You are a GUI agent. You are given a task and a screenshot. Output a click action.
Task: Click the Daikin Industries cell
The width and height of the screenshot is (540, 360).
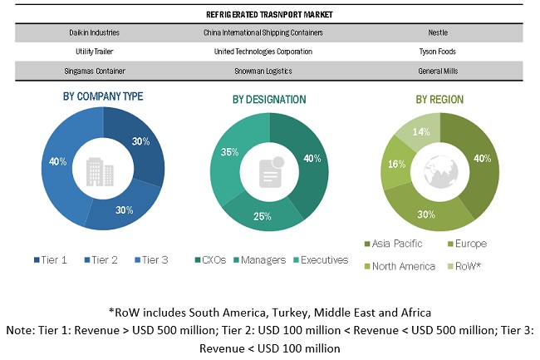pyautogui.click(x=93, y=33)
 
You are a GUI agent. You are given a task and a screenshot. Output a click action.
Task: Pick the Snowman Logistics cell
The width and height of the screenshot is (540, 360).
pyautogui.click(x=263, y=71)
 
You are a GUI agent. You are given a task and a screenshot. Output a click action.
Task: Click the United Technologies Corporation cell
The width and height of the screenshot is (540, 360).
pyautogui.click(x=263, y=52)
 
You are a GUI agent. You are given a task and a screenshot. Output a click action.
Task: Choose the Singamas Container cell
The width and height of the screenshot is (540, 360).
pyautogui.click(x=93, y=71)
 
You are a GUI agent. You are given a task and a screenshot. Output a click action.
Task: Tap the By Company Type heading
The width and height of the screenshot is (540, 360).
pyautogui.click(x=103, y=96)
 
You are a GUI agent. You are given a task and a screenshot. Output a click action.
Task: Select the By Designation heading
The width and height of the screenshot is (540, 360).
pyautogui.click(x=268, y=100)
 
